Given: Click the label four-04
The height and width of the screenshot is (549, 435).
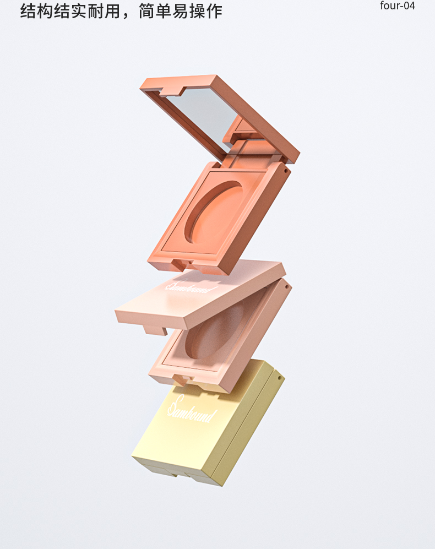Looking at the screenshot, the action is [398, 6].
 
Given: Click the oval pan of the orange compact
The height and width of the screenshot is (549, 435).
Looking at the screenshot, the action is [214, 212].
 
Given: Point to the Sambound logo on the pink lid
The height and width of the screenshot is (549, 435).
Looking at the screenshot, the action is [191, 286].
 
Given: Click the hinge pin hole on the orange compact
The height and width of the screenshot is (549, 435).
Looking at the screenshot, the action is [286, 171].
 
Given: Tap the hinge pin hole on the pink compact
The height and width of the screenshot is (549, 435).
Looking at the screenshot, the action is [287, 287].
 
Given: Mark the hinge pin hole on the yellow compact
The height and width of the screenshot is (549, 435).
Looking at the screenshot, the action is [279, 378].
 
